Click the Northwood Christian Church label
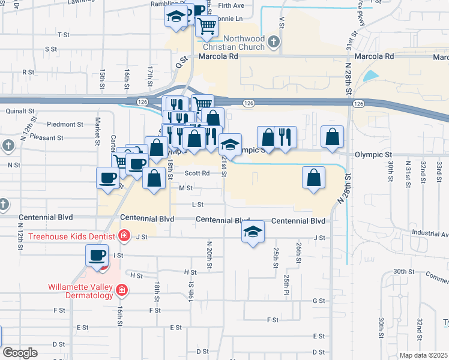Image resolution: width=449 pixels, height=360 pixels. (x=233, y=42)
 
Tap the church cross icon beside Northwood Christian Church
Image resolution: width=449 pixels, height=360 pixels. (x=274, y=42)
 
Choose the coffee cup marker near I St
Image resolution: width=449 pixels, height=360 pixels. (x=96, y=256)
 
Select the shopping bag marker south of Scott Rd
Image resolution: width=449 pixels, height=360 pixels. (x=155, y=178)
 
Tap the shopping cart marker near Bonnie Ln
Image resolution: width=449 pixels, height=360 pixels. (x=207, y=25)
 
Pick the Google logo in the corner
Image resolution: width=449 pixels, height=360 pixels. (x=20, y=353)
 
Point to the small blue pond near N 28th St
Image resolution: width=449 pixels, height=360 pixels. (x=371, y=76)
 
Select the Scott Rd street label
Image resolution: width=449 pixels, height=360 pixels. (x=197, y=173)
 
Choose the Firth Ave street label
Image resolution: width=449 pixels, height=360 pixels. (x=232, y=5)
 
